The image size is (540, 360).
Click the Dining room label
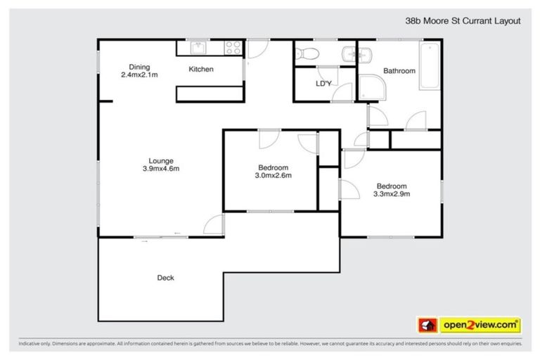point(137,66)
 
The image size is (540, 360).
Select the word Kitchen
point(200,69)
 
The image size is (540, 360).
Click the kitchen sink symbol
point(197,48)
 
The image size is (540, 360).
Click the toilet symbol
point(308,53)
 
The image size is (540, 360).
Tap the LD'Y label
point(323,84)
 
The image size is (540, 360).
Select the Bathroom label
point(399,70)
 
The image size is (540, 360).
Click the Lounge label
point(160,160)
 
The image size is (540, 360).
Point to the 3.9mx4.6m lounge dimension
point(161,168)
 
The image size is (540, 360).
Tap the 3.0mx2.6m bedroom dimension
point(273,175)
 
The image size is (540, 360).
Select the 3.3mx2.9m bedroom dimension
point(391,194)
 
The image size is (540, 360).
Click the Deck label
point(165,278)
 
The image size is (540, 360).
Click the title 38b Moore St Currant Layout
point(465,21)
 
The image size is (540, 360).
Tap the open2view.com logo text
point(480,325)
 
